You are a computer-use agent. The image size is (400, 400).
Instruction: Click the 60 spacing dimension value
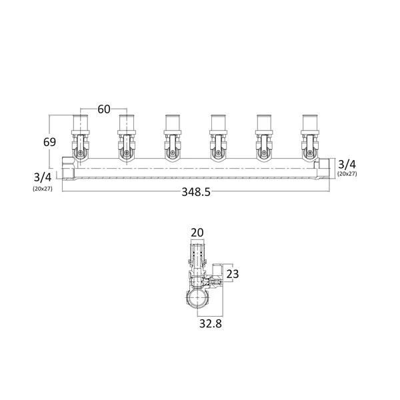104,109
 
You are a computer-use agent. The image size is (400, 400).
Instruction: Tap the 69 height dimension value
49,142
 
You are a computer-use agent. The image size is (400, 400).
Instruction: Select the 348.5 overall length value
196,192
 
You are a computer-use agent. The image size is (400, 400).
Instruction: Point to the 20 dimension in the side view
197,233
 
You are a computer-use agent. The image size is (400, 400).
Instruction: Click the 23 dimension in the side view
233,274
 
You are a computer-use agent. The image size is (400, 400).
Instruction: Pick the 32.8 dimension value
211,323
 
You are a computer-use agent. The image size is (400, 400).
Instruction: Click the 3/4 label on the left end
43,177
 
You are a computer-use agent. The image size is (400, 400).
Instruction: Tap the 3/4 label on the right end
347,165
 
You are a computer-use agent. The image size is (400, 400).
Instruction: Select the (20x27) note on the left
43,189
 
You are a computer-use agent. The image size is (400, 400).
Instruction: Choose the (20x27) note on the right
347,174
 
